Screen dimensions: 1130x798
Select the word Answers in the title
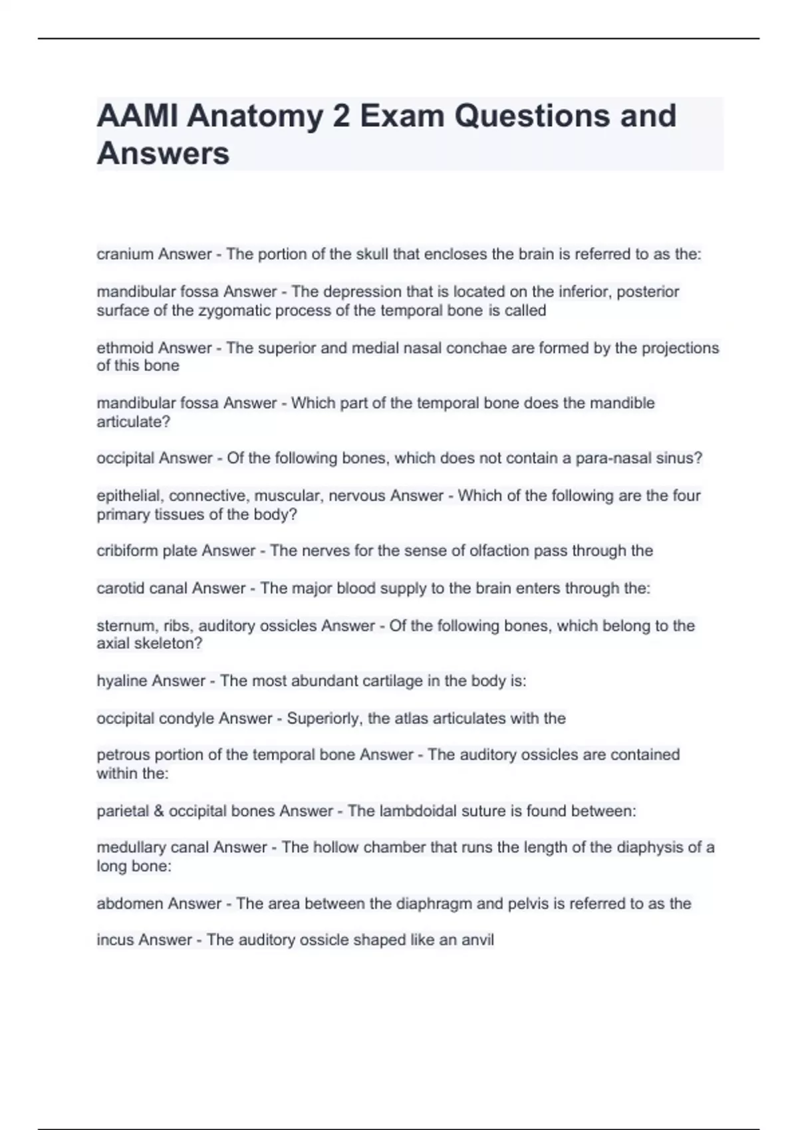point(163,154)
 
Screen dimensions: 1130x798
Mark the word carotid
point(120,588)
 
